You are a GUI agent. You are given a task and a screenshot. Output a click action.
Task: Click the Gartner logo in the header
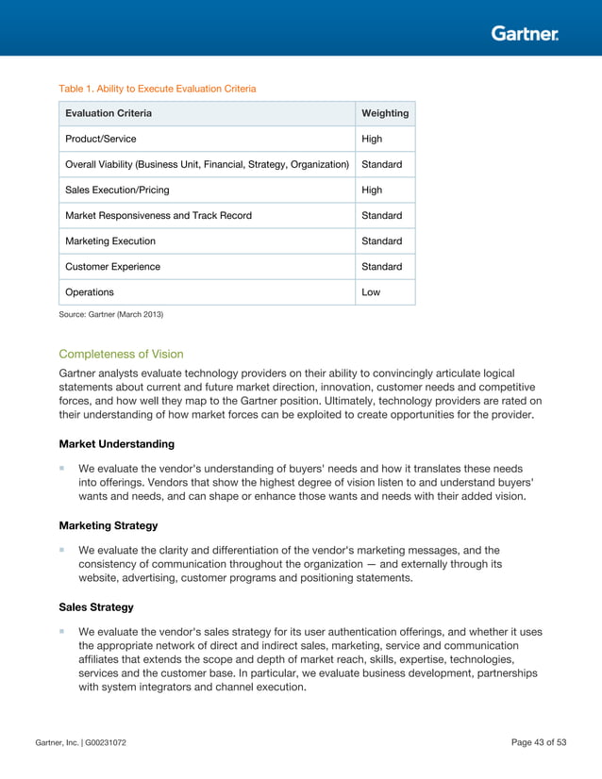pyautogui.click(x=525, y=34)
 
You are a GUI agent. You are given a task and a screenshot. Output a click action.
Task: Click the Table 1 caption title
pyautogui.click(x=158, y=89)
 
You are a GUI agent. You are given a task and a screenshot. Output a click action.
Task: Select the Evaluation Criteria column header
pyautogui.click(x=109, y=113)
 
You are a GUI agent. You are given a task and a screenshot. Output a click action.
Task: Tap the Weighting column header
pyautogui.click(x=385, y=113)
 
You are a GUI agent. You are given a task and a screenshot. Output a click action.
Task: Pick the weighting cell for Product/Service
pyautogui.click(x=372, y=139)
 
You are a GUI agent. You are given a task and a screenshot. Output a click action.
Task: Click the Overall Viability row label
pyautogui.click(x=207, y=164)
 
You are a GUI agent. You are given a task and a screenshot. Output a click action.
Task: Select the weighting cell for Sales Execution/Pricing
pyautogui.click(x=372, y=190)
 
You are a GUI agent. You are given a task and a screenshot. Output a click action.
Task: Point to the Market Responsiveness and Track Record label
pyautogui.click(x=159, y=215)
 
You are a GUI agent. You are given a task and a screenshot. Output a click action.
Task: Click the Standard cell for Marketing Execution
pyautogui.click(x=381, y=240)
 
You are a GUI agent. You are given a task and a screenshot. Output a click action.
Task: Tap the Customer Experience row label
pyautogui.click(x=112, y=266)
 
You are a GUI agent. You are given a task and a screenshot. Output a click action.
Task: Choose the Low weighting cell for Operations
pyautogui.click(x=371, y=291)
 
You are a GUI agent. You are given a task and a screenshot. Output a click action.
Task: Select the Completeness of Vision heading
pyautogui.click(x=121, y=355)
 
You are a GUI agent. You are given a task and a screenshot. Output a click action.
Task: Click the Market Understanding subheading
pyautogui.click(x=116, y=443)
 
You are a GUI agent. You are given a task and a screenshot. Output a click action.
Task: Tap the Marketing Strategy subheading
pyautogui.click(x=108, y=524)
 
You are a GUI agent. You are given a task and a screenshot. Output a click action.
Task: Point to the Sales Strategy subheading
pyautogui.click(x=96, y=606)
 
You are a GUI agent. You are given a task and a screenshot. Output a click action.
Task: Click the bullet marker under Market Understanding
pyautogui.click(x=62, y=468)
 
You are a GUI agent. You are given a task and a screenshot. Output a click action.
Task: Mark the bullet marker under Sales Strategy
pyautogui.click(x=62, y=631)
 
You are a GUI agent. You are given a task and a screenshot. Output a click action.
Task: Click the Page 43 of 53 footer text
pyautogui.click(x=538, y=743)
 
